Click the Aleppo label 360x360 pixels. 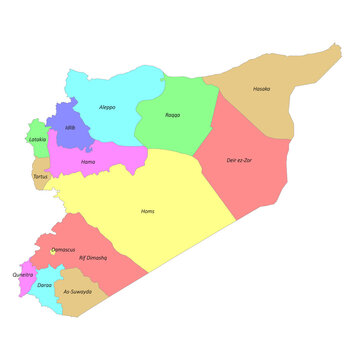[x=107, y=106]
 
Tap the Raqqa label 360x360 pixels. [x=173, y=115]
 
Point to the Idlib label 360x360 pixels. [x=70, y=128]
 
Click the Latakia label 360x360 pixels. [x=37, y=139]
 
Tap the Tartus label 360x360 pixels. [x=40, y=177]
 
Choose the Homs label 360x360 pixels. [x=147, y=211]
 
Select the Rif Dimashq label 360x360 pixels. [x=93, y=257]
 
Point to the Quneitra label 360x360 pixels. [x=22, y=274]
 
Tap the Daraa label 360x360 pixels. [x=45, y=285]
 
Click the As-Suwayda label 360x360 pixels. [x=77, y=291]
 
